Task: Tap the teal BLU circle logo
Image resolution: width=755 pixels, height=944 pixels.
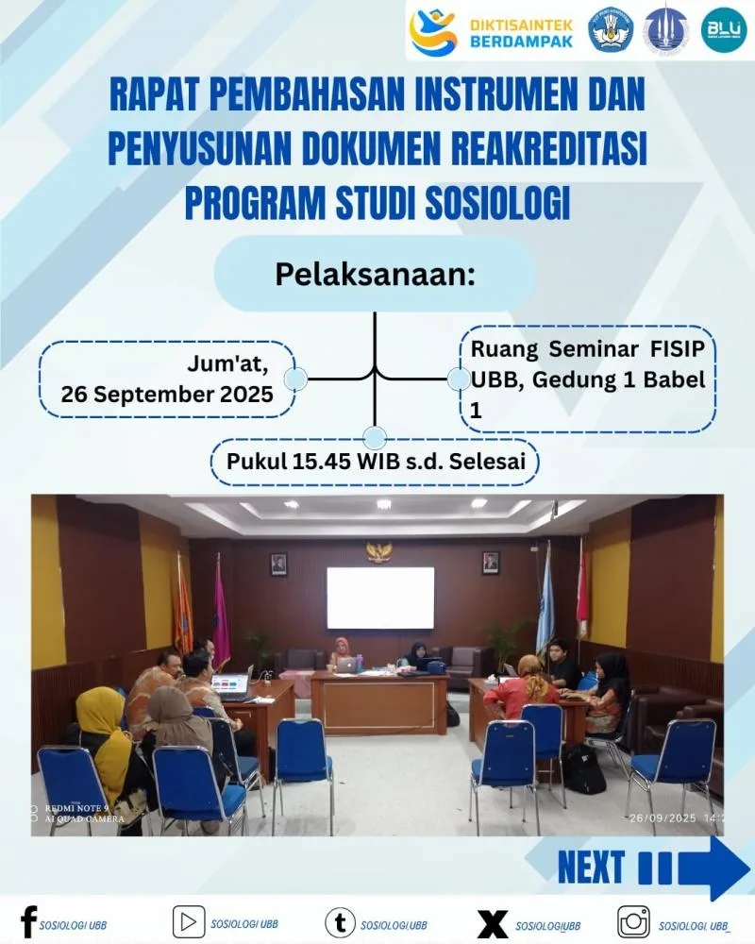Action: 724,29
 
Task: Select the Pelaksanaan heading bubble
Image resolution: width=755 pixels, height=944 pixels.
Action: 375,274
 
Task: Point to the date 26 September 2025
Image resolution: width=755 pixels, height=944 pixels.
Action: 167,393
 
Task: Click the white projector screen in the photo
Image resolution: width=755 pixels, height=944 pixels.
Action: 380,598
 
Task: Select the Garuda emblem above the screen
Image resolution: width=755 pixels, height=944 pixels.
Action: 379,552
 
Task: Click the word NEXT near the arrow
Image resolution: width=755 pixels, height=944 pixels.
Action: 591,866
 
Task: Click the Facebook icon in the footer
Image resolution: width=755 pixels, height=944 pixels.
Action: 28,921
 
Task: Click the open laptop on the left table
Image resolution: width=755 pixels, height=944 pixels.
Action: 231,683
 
